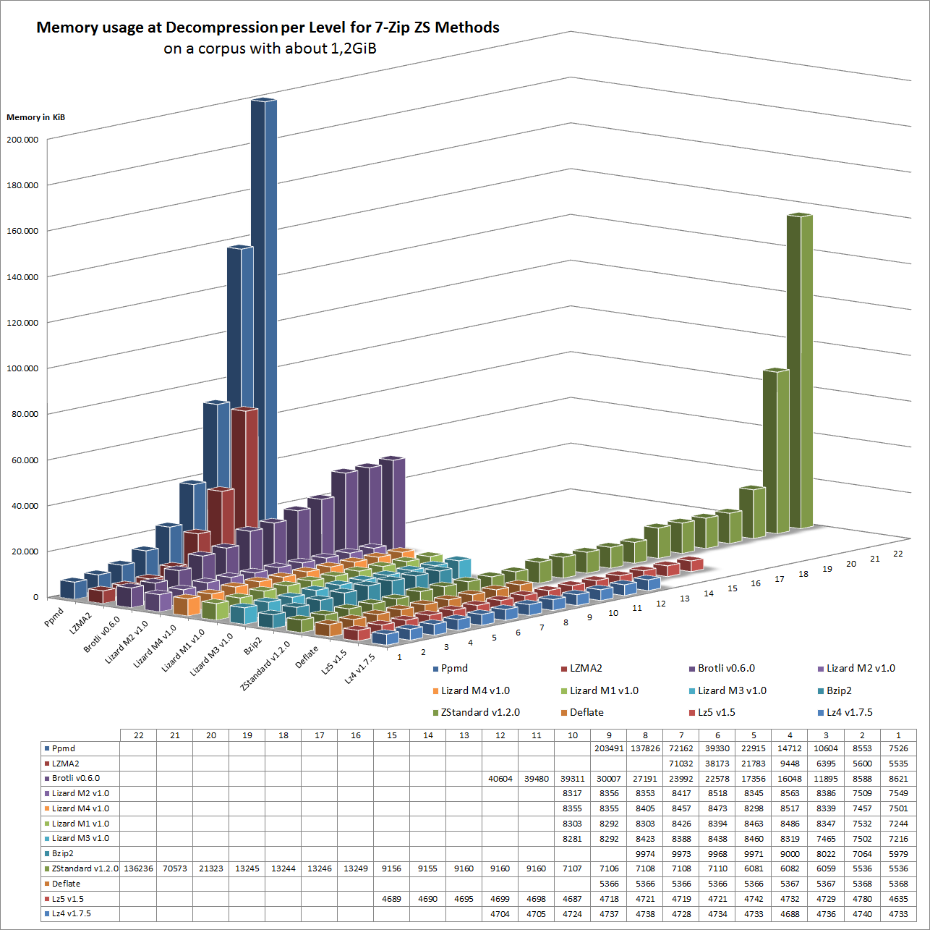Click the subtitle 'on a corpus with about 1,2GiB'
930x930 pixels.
pyautogui.click(x=270, y=48)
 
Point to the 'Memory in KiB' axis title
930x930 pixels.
pyautogui.click(x=36, y=117)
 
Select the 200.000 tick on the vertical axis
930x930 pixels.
pyautogui.click(x=22, y=140)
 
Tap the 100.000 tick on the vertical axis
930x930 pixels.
pyautogui.click(x=22, y=368)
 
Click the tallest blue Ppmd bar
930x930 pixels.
pyautogui.click(x=264, y=289)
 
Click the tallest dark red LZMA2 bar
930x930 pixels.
pyautogui.click(x=244, y=470)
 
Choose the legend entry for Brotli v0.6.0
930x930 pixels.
pyautogui.click(x=726, y=668)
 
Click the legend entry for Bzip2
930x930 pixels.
pyautogui.click(x=839, y=690)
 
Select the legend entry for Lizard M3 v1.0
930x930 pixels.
pyautogui.click(x=732, y=690)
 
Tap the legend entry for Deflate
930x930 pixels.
pyautogui.click(x=586, y=712)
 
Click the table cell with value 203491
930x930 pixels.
pyautogui.click(x=608, y=748)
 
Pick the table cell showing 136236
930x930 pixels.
pyautogui.click(x=138, y=868)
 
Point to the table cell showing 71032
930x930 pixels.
pyautogui.click(x=681, y=764)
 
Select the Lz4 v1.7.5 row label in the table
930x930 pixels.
pyautogui.click(x=72, y=913)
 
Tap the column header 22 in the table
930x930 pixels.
pyautogui.click(x=138, y=735)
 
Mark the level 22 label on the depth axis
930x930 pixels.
pyautogui.click(x=898, y=554)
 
